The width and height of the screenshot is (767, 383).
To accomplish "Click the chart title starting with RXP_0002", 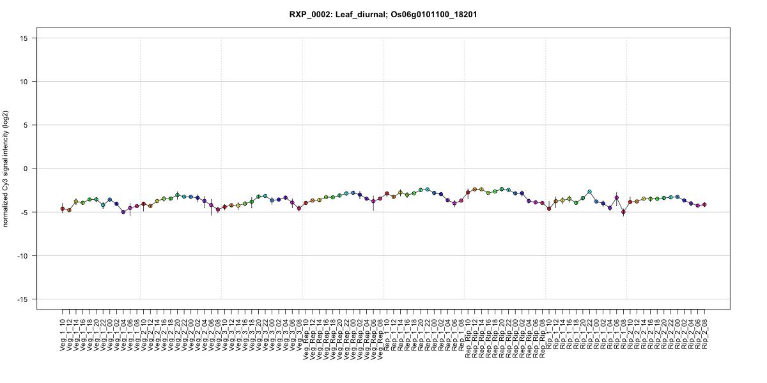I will point(383,14).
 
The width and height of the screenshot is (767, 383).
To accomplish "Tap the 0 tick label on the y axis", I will point(26,169).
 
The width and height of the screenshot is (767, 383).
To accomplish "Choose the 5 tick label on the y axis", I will point(26,125).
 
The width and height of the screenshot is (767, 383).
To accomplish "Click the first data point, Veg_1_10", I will point(62,209).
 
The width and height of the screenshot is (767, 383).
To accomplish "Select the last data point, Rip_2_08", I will point(704,204).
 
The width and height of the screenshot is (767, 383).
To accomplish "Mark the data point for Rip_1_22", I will point(589,191).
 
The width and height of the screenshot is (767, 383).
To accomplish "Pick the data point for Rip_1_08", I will point(623,212).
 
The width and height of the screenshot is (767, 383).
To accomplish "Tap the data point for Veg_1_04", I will point(123,211).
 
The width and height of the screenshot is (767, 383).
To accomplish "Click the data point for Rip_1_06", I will point(616,198).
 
